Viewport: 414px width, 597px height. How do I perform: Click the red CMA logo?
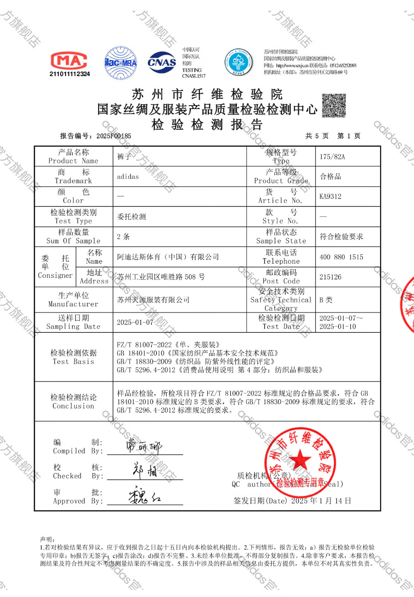tap(69, 61)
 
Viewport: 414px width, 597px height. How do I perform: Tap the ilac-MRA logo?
tap(120, 63)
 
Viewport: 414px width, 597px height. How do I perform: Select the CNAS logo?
tap(162, 63)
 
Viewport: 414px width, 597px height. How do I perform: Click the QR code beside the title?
tap(334, 105)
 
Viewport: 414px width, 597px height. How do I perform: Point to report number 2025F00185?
tap(113, 136)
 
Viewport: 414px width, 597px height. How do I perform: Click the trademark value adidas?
tap(128, 177)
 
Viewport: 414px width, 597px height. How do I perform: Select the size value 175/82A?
tap(332, 157)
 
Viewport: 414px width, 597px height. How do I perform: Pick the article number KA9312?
tap(330, 197)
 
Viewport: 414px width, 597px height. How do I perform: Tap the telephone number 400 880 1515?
tap(341, 257)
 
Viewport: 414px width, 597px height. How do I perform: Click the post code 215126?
tap(330, 277)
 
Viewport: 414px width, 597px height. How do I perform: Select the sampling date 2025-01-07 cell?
tap(135, 322)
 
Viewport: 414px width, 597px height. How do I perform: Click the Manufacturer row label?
tap(73, 299)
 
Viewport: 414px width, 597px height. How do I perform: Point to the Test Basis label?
tap(73, 357)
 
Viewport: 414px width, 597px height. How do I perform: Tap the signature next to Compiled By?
tap(144, 446)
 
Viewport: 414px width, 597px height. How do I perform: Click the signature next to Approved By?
tap(144, 496)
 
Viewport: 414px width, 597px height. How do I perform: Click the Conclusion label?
tap(73, 401)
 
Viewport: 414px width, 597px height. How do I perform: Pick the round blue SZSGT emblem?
tap(238, 63)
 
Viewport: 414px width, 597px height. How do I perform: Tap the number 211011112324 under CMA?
tap(70, 74)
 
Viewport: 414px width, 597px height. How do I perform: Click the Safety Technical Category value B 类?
tap(326, 300)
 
